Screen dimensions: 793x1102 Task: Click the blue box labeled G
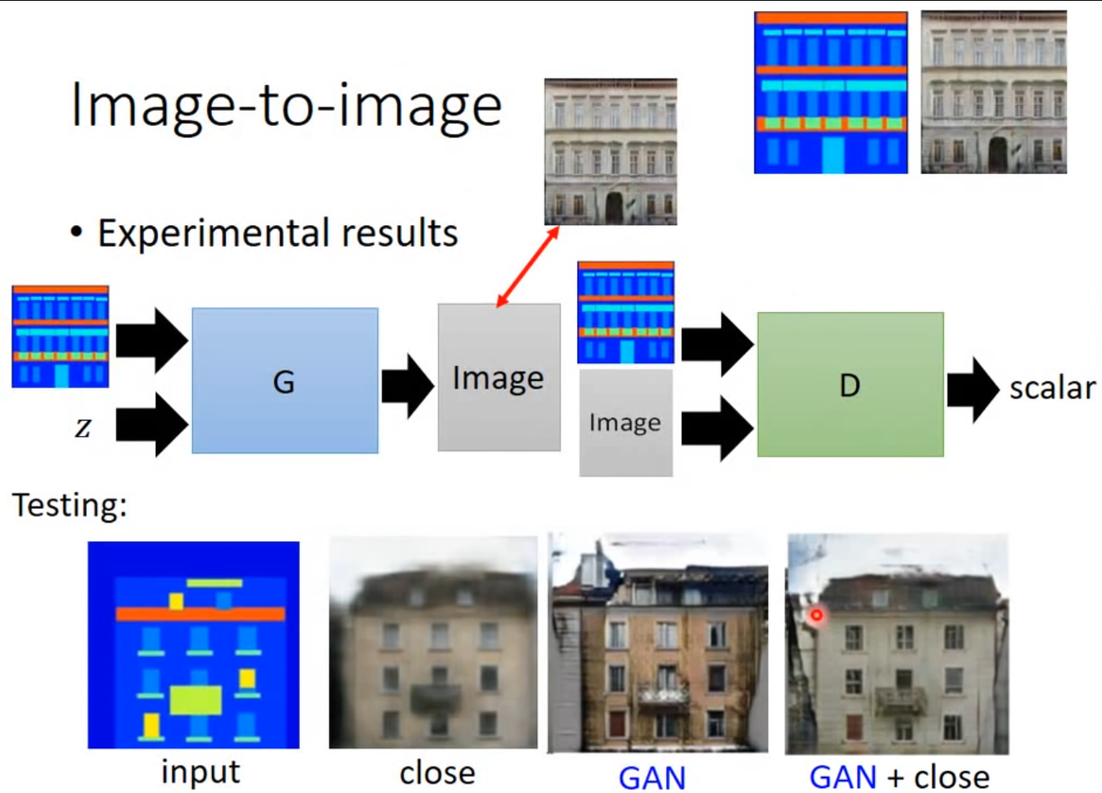coord(284,380)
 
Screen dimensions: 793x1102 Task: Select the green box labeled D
coord(850,384)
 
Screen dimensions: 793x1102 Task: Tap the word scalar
coord(1051,388)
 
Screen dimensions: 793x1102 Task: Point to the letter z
coord(83,427)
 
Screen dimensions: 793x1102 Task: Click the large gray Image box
coord(498,377)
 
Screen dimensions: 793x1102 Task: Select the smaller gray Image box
coord(625,422)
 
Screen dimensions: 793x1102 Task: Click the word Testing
coord(70,506)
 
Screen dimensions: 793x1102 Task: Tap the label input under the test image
coord(200,772)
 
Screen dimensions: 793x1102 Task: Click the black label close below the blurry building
coord(437,773)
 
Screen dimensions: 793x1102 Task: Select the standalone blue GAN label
coord(651,778)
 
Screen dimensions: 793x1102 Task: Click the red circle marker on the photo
coord(816,616)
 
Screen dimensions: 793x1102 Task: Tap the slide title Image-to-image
coord(286,106)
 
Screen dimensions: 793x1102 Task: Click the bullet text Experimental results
coord(277,234)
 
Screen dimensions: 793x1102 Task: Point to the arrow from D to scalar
coord(973,389)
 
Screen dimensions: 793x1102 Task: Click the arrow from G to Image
coord(407,386)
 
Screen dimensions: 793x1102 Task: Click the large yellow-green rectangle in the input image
coord(195,700)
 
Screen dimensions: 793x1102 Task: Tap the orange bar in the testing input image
coord(200,614)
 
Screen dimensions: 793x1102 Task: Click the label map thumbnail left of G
coord(60,337)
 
